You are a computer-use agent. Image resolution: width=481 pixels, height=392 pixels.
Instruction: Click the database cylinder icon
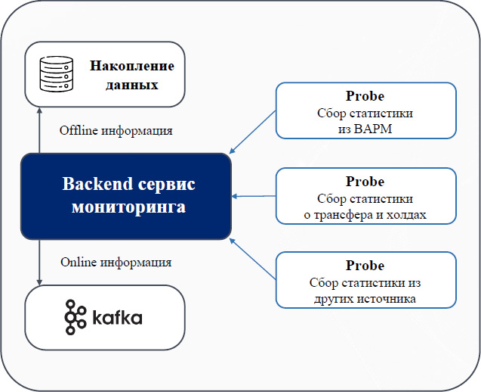click(x=57, y=74)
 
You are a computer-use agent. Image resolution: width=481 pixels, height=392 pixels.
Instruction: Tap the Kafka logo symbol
click(x=75, y=317)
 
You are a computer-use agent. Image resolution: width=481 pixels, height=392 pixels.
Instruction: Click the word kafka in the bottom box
click(x=117, y=318)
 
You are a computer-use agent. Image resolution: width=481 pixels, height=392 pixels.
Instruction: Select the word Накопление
click(x=132, y=66)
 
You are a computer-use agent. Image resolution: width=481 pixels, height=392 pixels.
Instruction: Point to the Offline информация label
click(x=116, y=130)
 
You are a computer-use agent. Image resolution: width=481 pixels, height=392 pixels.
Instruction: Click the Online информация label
click(x=116, y=263)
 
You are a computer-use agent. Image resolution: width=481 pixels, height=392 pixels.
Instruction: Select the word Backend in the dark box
click(x=97, y=184)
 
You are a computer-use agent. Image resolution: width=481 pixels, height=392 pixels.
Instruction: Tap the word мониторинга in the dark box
click(x=129, y=207)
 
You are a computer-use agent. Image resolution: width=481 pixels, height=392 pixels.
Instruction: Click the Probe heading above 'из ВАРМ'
click(x=365, y=96)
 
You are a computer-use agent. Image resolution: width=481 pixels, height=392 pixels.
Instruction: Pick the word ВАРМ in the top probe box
click(x=373, y=129)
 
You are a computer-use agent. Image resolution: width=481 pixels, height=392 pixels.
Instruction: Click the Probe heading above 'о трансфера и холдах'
click(x=365, y=182)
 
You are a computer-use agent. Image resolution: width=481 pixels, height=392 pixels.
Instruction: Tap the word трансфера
click(x=342, y=215)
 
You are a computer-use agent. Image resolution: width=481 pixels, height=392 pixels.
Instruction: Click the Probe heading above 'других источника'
click(x=365, y=266)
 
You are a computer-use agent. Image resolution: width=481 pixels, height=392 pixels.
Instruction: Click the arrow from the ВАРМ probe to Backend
click(x=252, y=132)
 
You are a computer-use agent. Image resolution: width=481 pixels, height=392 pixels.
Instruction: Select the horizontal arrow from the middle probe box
click(x=254, y=196)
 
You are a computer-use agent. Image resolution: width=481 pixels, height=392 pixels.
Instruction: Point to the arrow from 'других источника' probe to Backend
click(x=252, y=259)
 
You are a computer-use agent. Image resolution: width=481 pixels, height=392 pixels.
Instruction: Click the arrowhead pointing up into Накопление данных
click(x=39, y=110)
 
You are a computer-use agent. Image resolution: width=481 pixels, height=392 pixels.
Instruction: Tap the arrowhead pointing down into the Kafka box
click(x=39, y=282)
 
